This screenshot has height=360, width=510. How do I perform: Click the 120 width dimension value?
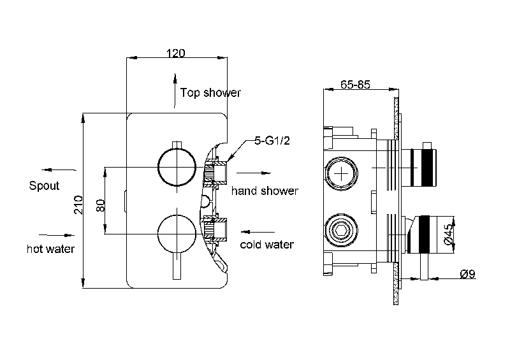tap(177, 54)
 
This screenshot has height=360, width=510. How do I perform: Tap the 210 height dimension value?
tap(78, 203)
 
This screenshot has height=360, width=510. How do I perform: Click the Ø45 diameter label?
tap(448, 234)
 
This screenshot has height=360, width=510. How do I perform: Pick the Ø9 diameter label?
tap(468, 275)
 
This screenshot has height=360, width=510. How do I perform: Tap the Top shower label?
tap(210, 93)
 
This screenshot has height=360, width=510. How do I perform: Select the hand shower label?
tap(265, 191)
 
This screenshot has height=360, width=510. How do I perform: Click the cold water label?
tap(266, 245)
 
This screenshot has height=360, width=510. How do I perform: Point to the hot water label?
tap(50, 248)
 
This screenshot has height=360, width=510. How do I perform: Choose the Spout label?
tap(45, 186)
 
